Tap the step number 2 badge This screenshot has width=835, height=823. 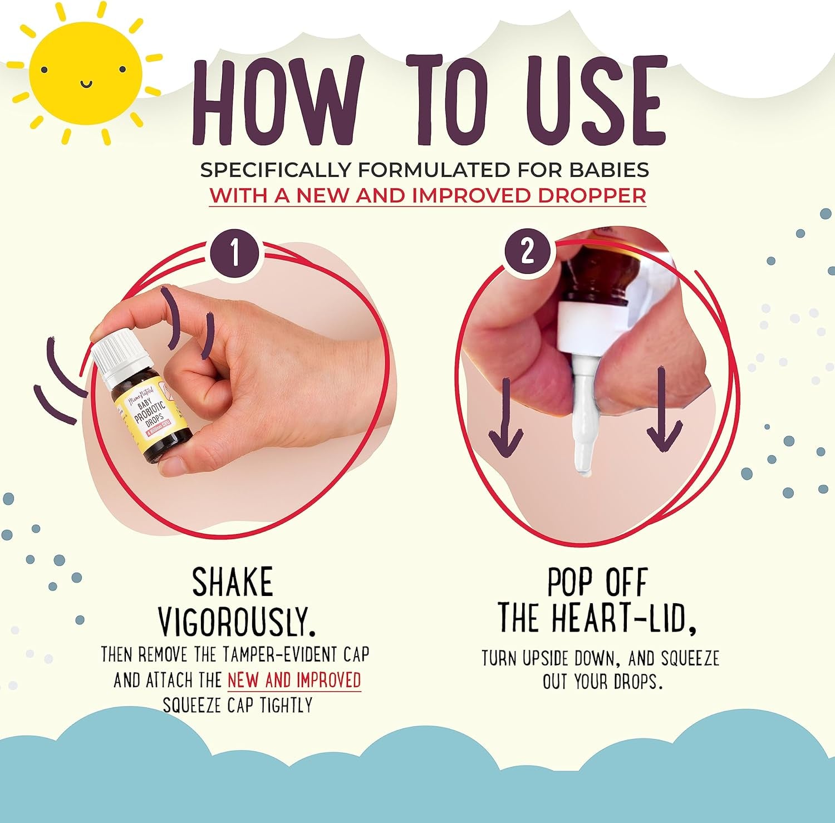[x=527, y=252]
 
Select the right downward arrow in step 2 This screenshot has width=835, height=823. [x=664, y=412]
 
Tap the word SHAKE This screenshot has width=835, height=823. [x=233, y=583]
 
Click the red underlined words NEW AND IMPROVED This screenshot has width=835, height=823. [x=294, y=680]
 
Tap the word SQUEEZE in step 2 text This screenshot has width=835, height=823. [x=690, y=659]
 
